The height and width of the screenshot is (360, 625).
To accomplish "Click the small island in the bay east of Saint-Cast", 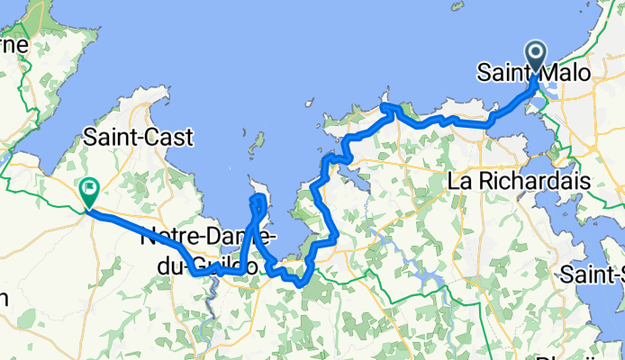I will tap(257, 142).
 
